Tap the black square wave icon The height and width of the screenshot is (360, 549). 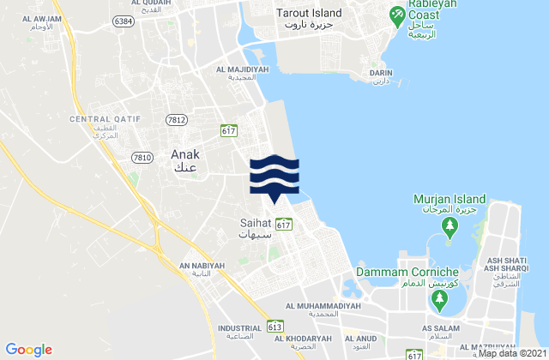[x=274, y=175]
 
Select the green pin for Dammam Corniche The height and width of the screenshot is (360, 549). [x=439, y=299]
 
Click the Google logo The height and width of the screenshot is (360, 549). [x=29, y=349]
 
